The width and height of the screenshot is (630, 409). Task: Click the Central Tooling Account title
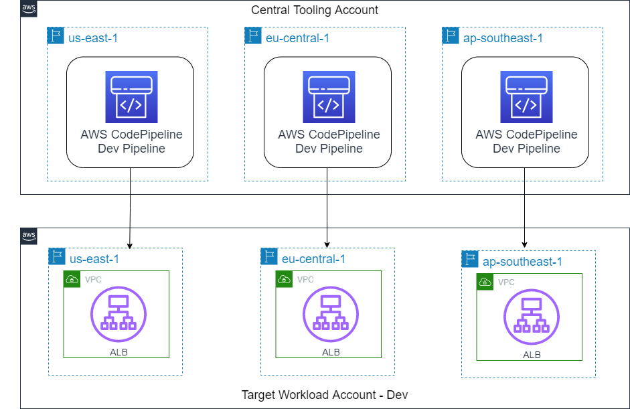314,10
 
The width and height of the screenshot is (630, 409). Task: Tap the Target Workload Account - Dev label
324,395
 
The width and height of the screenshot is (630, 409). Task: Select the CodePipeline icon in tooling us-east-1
130,96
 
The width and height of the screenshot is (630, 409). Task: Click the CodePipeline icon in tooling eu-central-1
327,96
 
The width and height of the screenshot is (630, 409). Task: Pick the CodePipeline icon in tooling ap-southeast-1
526,96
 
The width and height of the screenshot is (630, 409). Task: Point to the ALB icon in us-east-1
118,314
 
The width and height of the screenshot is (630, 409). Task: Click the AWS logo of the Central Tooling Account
29,8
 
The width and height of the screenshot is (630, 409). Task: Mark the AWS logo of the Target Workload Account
29,236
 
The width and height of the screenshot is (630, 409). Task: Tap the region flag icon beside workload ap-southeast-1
471,260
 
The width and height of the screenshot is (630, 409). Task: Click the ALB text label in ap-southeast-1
532,355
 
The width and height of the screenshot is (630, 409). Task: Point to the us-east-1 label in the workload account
94,258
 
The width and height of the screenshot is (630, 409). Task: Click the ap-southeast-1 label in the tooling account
503,38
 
